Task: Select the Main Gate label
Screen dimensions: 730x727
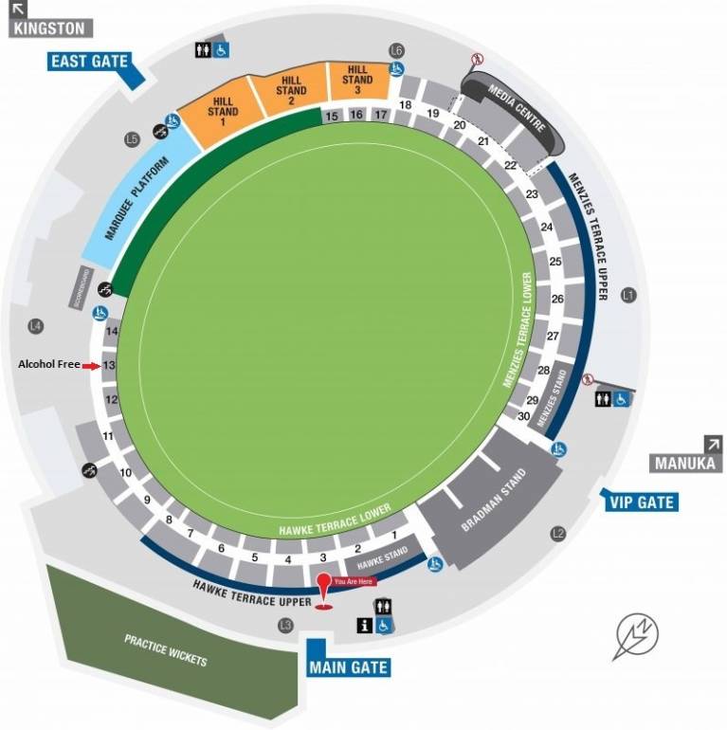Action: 348,666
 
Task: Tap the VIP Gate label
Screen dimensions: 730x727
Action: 642,502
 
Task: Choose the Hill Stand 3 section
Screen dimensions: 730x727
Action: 357,81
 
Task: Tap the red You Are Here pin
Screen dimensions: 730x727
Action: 324,589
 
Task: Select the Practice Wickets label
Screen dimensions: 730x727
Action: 165,649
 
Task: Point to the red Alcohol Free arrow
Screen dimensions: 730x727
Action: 90,365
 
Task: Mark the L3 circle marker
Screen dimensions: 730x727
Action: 284,625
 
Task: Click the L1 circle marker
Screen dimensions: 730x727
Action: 627,296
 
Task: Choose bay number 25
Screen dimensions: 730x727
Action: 555,262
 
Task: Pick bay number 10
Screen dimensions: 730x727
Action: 125,472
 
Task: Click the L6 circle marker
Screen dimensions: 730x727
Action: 396,49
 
